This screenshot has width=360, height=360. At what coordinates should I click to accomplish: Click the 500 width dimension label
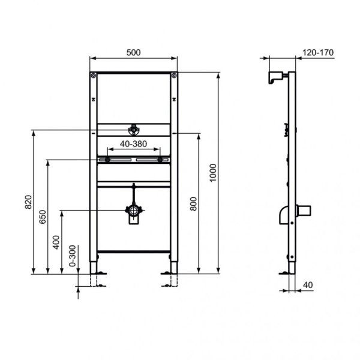click(133, 52)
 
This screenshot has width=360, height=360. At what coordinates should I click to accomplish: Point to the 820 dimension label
click(28, 203)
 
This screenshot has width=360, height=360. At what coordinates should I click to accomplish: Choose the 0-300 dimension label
click(73, 256)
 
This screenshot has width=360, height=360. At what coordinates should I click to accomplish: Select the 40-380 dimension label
click(133, 144)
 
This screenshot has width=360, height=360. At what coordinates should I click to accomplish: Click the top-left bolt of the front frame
click(93, 76)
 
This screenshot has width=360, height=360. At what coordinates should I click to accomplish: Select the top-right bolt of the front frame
click(174, 76)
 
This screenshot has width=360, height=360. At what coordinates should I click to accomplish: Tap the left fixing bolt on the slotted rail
click(107, 160)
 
